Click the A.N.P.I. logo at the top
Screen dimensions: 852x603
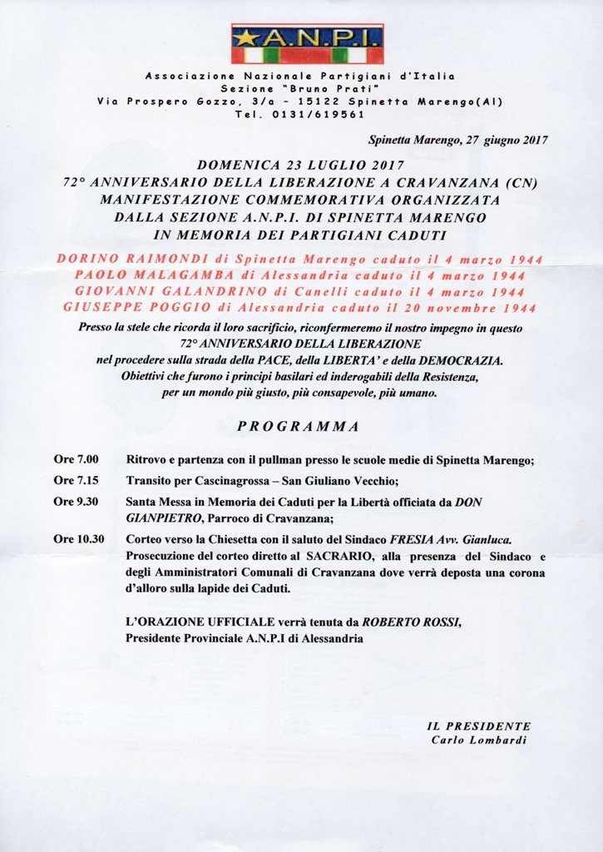[x=307, y=44]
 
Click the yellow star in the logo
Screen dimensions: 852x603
[x=245, y=37]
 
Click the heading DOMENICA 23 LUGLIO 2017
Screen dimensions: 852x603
[x=300, y=165]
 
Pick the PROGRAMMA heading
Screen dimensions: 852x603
[x=299, y=427]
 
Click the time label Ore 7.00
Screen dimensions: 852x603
[x=77, y=459]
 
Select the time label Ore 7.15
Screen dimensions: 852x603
[x=77, y=480]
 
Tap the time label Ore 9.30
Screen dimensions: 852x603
[x=77, y=502]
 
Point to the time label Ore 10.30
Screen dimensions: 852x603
[x=79, y=538]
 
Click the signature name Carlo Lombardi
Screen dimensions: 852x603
[x=478, y=740]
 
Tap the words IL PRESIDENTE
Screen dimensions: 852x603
[x=478, y=726]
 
